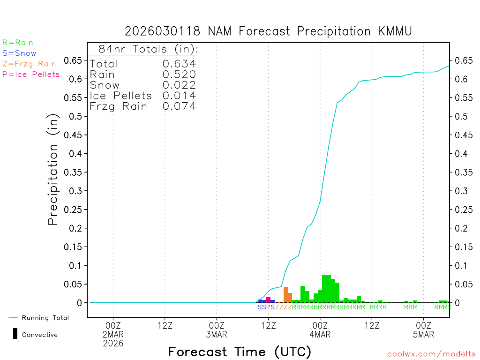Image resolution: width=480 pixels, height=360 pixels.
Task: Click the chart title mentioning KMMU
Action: tap(268, 31)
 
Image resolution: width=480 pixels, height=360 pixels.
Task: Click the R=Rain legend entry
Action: tap(18, 43)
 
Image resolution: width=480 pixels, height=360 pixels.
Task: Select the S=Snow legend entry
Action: tap(19, 53)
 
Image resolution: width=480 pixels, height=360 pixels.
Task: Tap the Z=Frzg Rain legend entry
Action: tap(29, 64)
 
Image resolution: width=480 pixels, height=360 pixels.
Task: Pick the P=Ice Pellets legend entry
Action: tap(31, 74)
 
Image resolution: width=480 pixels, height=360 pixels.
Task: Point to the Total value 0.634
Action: tap(179, 64)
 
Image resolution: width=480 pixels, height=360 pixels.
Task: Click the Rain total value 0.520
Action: tap(179, 75)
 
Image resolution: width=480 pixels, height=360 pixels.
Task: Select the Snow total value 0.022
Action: tap(179, 85)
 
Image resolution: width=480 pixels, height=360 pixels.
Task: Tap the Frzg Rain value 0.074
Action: tap(179, 106)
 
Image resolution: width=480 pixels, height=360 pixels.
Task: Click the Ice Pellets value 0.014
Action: tap(179, 96)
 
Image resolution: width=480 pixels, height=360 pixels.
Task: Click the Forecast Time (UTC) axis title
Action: tap(240, 352)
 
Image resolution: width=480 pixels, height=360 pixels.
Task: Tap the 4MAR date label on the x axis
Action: tap(320, 335)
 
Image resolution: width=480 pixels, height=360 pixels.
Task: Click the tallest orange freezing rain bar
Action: tap(285, 295)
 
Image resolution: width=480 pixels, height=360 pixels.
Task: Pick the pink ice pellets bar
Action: tap(268, 300)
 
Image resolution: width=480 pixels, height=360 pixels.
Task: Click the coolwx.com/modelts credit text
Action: tap(431, 354)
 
